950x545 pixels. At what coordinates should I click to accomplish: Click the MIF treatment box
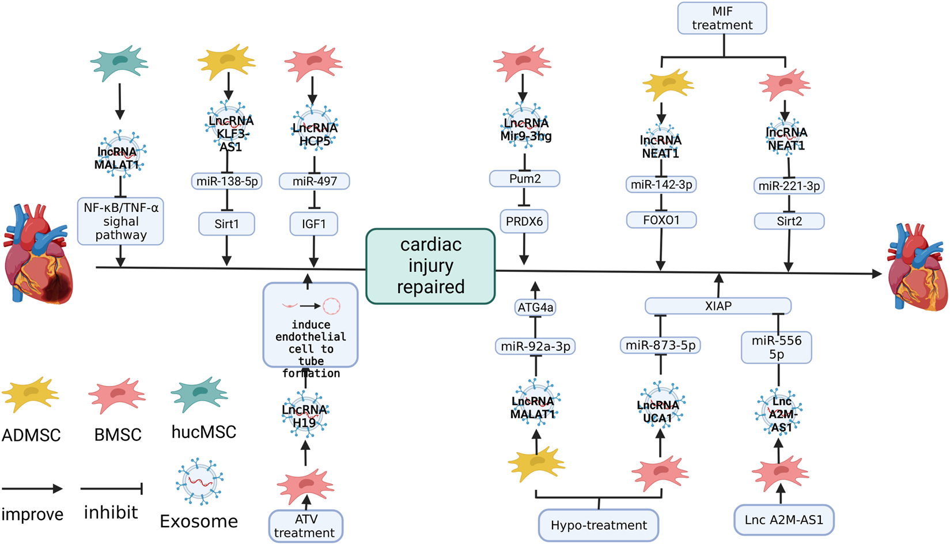coord(722,18)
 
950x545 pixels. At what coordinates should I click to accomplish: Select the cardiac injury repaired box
coord(430,266)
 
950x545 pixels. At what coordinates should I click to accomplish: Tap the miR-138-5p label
coord(227,181)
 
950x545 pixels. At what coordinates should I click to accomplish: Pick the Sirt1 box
coord(226,224)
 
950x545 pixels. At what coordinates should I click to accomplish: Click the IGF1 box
coord(313,224)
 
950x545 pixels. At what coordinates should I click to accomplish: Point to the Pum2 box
coord(524,179)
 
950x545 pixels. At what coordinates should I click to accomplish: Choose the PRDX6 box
coord(524,221)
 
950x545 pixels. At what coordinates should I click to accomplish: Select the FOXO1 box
coord(661,219)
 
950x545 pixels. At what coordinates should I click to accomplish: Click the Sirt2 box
coord(789,221)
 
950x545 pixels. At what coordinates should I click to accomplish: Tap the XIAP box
coord(718,306)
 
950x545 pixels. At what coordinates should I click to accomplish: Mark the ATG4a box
coord(535,308)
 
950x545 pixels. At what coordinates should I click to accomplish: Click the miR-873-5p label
coord(660,345)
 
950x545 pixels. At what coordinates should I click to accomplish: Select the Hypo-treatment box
coord(599,525)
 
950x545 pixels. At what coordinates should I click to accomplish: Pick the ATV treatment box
coord(305,525)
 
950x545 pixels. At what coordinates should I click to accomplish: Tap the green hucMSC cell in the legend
coord(199,394)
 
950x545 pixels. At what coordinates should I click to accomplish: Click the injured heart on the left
coord(38,254)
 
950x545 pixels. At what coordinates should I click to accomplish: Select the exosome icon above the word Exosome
coord(200,482)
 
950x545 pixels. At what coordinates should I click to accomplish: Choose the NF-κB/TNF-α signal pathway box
coord(120,221)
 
